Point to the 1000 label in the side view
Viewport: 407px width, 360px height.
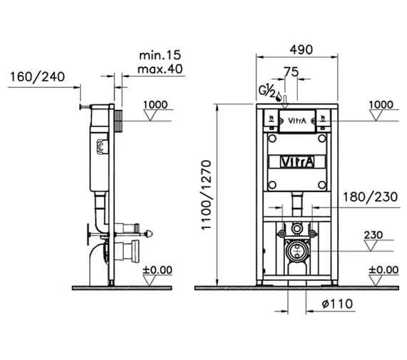[156, 105]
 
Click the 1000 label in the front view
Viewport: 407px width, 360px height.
[380, 105]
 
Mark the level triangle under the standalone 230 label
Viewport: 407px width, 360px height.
[372, 246]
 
